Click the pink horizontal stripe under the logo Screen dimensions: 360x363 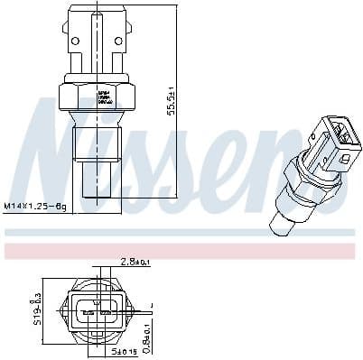point(181,245)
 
